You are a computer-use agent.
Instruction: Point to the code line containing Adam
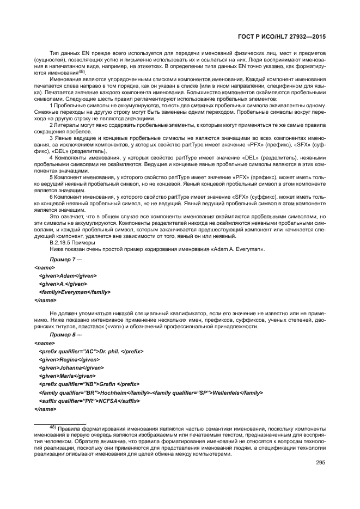(63, 276)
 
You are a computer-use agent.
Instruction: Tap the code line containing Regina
(69, 360)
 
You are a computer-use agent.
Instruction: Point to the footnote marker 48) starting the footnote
(53, 427)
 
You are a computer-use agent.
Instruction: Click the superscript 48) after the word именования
(81, 71)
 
